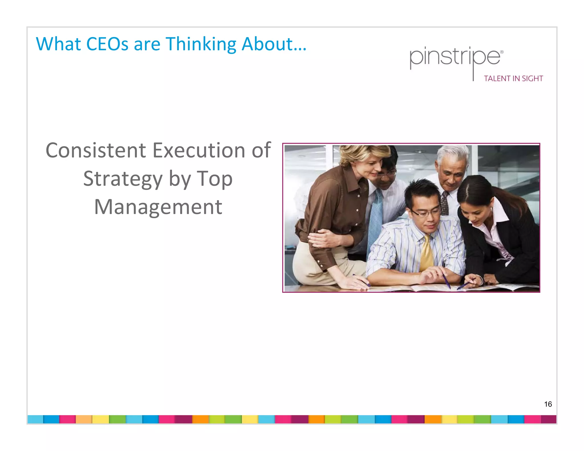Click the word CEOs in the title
tap(107, 44)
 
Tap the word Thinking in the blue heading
tap(201, 44)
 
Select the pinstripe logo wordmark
tap(455, 57)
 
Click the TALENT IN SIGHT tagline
tap(513, 79)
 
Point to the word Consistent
tap(96, 150)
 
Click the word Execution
tap(199, 150)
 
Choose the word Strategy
tap(123, 179)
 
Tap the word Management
tap(158, 207)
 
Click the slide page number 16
tap(548, 404)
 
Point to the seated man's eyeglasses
tap(425, 212)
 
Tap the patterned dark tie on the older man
tap(445, 204)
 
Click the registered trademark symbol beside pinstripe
tap(502, 52)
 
